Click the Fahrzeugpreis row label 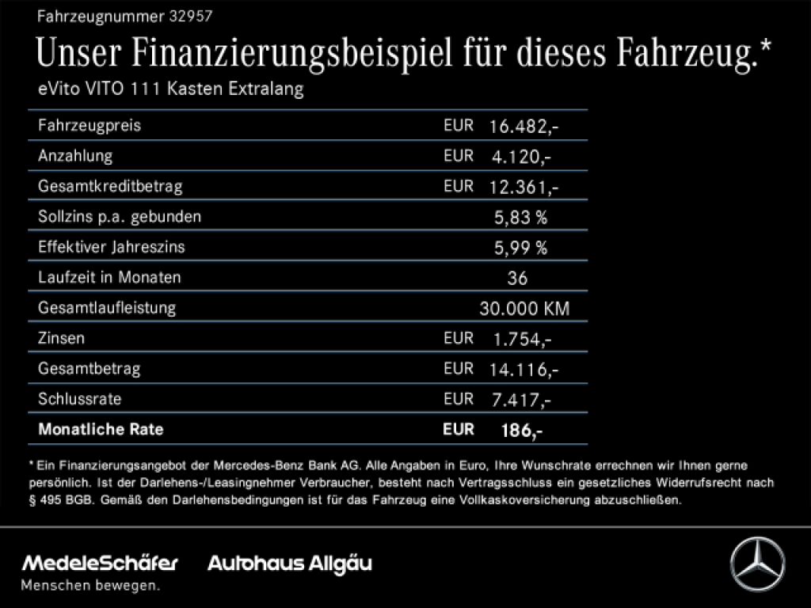pos(89,126)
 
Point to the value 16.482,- pos(524,126)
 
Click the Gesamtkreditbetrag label pos(110,187)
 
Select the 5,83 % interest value pos(520,217)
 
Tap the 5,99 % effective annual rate pos(520,248)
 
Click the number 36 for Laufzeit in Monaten pos(517,278)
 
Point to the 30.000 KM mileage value pos(524,309)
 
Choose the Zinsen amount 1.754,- pos(522,339)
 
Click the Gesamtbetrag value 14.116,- pos(524,369)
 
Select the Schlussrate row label pos(79,399)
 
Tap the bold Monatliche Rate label pos(101,430)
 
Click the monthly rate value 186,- pos(521,431)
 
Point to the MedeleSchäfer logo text pos(100,564)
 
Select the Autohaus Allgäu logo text pos(289,564)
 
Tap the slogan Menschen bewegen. pos(89,586)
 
